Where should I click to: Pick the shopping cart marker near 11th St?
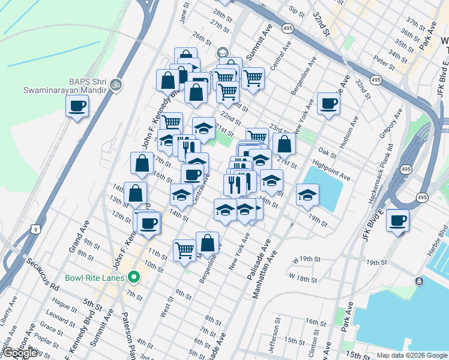point(184,250)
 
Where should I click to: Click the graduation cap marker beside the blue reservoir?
point(307,195)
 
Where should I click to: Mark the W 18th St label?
point(303,278)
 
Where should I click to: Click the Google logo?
point(20,353)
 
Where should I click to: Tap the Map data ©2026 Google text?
point(412,355)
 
